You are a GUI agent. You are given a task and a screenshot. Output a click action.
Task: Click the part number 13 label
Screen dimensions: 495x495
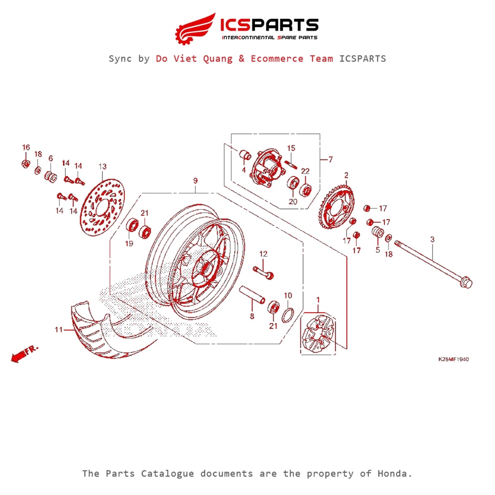[102, 167]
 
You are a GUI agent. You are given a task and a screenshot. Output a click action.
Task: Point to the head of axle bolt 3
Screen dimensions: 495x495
[466, 282]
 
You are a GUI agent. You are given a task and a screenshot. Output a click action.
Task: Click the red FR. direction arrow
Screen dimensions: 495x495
[19, 355]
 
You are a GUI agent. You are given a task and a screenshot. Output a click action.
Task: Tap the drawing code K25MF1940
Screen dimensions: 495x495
[453, 360]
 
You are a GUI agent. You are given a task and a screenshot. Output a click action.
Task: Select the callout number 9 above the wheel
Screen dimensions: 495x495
[195, 181]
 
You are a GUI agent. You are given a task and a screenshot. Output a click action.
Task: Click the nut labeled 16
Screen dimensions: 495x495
[26, 163]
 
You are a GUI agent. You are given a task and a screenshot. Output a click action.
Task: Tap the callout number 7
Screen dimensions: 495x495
[330, 160]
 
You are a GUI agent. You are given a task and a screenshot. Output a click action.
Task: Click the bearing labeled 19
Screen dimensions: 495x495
[131, 227]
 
